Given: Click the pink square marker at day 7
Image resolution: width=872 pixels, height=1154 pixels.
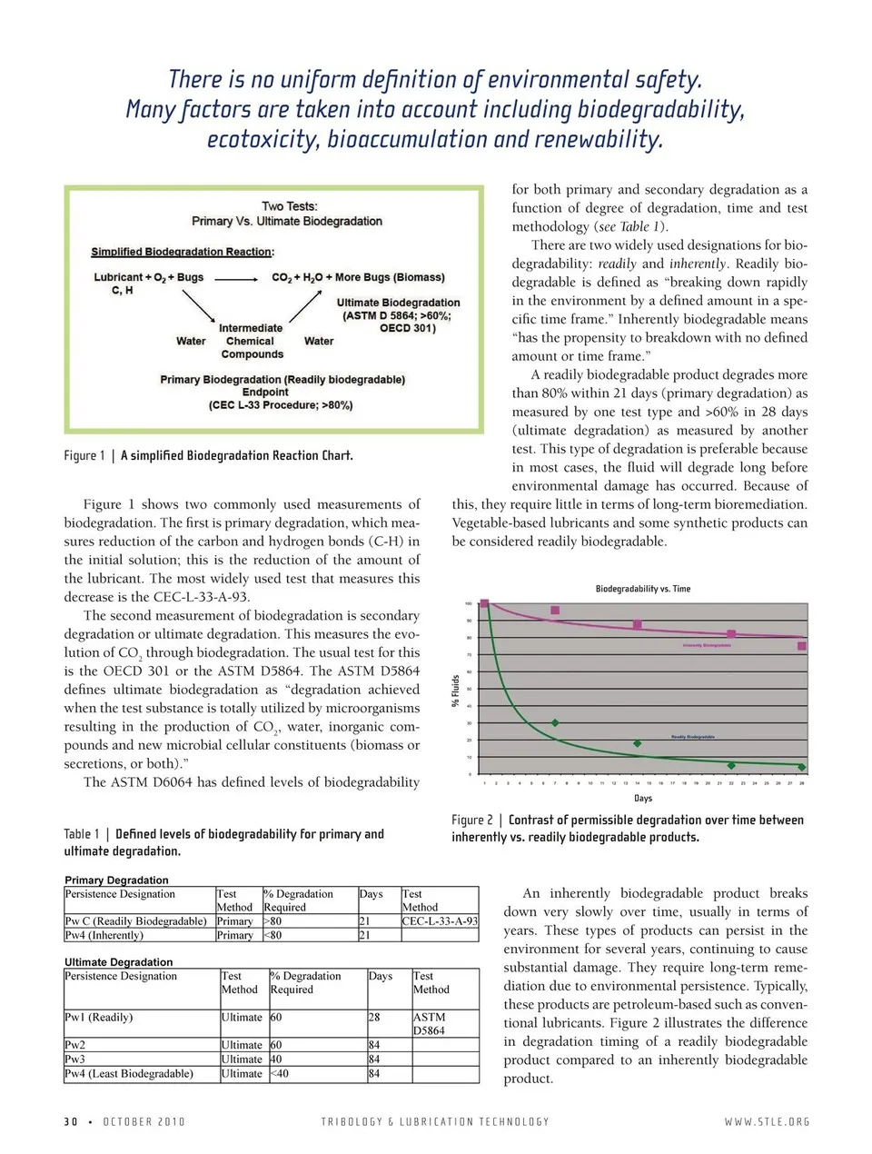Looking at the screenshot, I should tap(555, 610).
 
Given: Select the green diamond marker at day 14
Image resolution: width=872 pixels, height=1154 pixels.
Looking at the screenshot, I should tap(637, 743).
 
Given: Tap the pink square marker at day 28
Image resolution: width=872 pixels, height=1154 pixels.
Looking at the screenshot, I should tap(801, 646).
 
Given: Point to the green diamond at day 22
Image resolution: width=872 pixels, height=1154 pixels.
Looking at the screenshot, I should tap(731, 765).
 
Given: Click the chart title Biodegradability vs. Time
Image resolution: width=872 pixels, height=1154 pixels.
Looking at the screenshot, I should tap(642, 589).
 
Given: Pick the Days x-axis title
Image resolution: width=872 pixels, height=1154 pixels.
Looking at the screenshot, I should tap(642, 798).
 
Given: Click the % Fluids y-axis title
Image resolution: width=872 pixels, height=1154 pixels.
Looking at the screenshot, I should tap(456, 691).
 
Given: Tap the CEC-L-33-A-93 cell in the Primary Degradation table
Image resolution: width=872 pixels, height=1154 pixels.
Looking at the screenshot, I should tap(440, 920).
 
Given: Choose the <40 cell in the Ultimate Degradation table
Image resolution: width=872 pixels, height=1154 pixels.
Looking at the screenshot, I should tap(279, 1073).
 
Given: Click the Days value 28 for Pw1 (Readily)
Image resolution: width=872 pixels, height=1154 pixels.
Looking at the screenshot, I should tap(374, 1017).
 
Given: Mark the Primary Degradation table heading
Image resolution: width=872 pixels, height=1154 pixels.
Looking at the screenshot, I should tap(116, 880).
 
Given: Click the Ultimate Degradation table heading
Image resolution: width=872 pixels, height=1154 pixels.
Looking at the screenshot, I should tap(118, 961).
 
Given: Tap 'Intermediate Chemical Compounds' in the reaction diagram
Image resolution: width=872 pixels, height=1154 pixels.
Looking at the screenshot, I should tap(252, 341).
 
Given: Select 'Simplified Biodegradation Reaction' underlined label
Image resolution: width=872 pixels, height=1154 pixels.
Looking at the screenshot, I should tap(182, 252).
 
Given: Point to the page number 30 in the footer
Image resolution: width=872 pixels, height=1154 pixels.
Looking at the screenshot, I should tap(71, 1121).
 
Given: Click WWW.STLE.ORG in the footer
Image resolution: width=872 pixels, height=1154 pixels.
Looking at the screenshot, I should tap(766, 1121).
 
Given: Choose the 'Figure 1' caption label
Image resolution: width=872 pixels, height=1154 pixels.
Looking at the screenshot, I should tap(84, 455).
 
